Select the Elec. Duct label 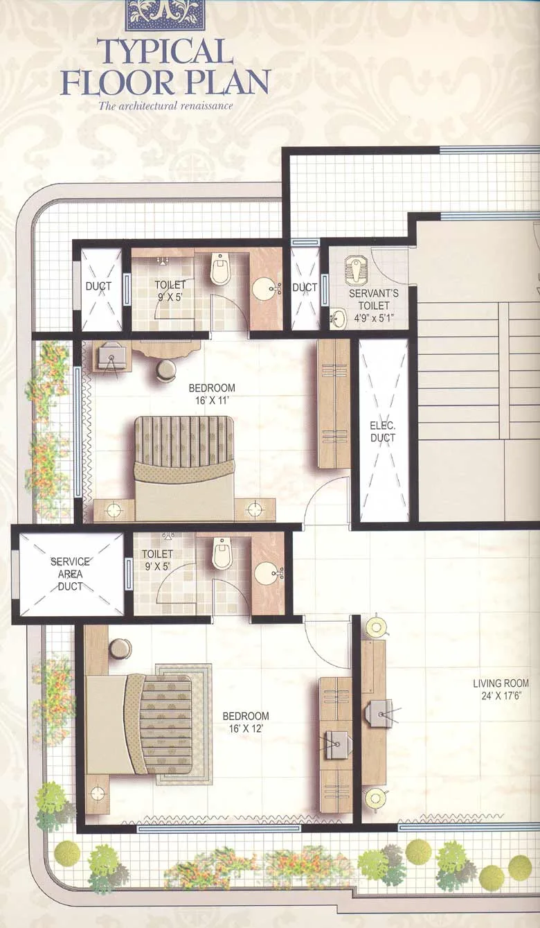[x=383, y=432]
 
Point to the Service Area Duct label [x=71, y=574]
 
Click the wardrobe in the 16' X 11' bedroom [x=334, y=403]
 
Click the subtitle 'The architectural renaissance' [x=165, y=106]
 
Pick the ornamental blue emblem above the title [x=165, y=15]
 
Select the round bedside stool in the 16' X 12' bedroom [x=120, y=649]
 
